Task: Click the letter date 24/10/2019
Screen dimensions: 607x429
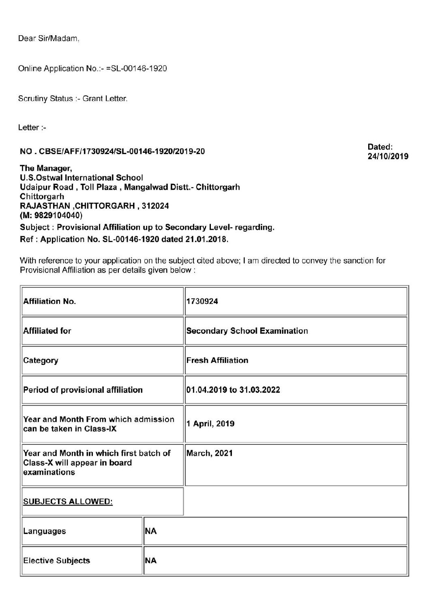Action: click(x=388, y=157)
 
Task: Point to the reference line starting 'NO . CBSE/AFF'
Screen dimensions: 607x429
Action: click(x=112, y=152)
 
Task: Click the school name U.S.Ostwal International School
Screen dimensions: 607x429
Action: click(x=81, y=178)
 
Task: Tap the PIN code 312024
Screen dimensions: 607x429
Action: click(x=155, y=206)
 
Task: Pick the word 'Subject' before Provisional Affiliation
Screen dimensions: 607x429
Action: click(x=36, y=227)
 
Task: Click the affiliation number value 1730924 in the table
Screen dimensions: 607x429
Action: click(x=202, y=302)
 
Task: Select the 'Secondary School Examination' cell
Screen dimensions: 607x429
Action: click(x=247, y=331)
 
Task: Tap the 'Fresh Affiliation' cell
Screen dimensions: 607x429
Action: click(x=217, y=360)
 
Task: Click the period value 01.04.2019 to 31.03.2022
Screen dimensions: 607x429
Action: click(x=233, y=390)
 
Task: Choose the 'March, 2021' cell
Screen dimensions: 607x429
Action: click(x=209, y=453)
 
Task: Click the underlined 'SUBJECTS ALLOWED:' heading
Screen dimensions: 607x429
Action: click(x=68, y=502)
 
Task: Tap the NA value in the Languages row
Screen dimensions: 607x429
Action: click(x=151, y=531)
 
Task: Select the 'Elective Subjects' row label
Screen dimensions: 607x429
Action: click(x=57, y=561)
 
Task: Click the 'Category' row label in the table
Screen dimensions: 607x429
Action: click(x=41, y=360)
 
